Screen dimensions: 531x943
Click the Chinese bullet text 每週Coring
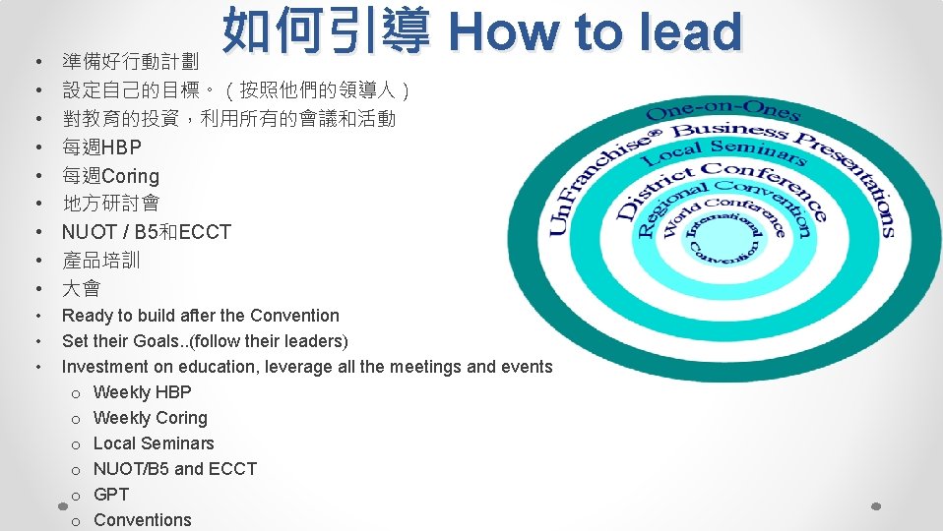click(x=110, y=176)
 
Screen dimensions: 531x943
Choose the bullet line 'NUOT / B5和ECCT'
click(x=146, y=232)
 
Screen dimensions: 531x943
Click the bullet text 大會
click(x=81, y=289)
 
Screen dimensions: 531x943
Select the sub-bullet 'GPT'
click(x=110, y=494)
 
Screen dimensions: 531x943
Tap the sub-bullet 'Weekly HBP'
click(x=142, y=391)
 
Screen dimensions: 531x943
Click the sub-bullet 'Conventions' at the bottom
click(x=142, y=519)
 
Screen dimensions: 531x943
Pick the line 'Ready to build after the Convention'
click(x=200, y=316)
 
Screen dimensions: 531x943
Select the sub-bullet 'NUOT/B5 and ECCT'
click(x=174, y=468)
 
